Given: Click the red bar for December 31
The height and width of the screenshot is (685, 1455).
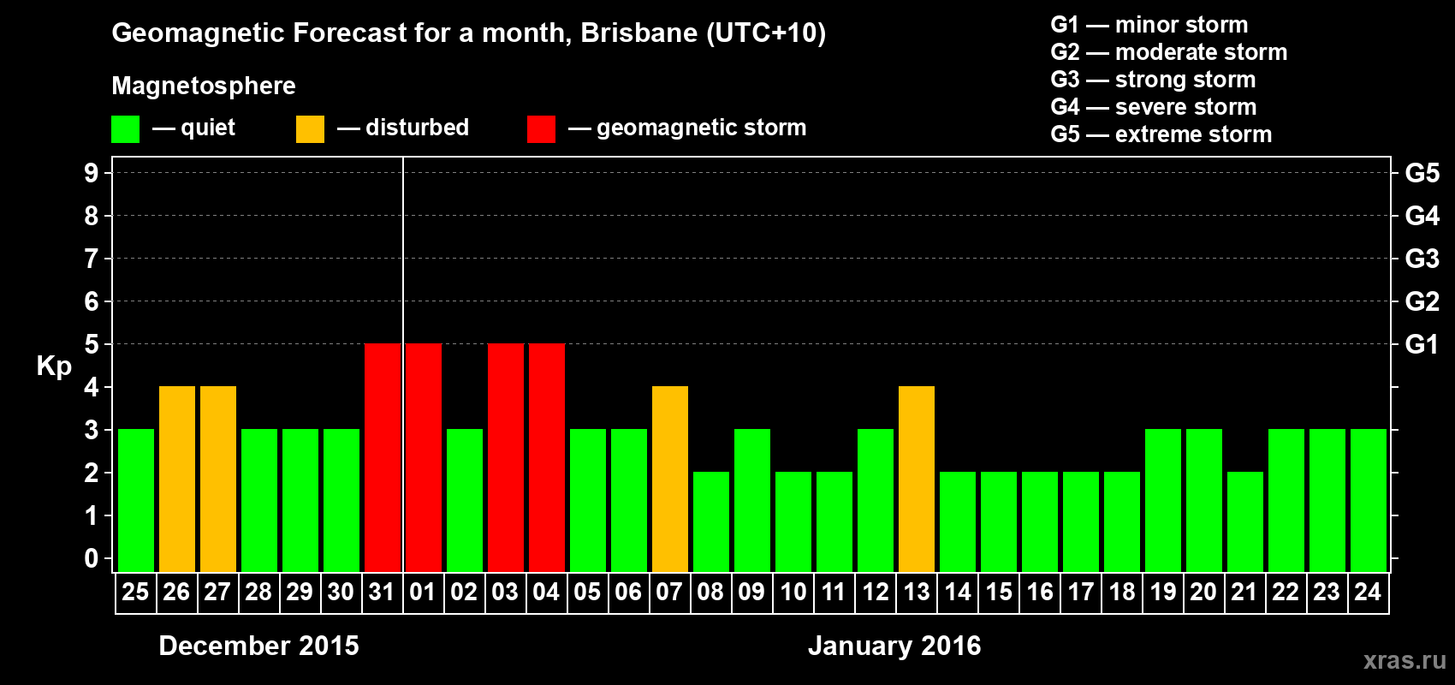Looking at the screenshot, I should pos(383,457).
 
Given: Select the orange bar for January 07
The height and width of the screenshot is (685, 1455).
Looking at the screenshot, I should pos(670,479).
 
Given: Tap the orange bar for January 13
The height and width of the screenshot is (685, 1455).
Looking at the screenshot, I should pos(917,479).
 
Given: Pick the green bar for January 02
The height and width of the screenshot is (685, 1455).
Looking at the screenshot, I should pos(465,500).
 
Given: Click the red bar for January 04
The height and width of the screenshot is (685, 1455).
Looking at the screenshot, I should pos(547,457).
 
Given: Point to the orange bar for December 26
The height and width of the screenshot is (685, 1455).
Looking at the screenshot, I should pos(177,479).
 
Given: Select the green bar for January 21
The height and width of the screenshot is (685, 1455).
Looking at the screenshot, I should pos(1245,521).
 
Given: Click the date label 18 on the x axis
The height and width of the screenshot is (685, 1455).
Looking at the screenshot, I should pos(1122,592).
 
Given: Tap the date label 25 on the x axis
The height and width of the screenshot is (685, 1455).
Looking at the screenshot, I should pos(135,592).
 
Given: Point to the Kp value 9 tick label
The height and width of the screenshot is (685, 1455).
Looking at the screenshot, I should pos(92,173).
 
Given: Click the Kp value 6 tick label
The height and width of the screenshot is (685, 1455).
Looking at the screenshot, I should pos(92,301).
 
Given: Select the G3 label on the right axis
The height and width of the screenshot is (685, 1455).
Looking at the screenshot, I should pos(1422,259).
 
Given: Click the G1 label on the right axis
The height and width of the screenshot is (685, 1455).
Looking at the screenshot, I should pos(1422,344).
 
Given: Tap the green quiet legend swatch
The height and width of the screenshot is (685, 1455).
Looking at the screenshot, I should pos(125,129).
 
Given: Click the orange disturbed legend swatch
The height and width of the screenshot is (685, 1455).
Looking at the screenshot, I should pos(310,129).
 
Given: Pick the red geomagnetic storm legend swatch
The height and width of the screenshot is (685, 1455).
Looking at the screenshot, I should pos(541,129).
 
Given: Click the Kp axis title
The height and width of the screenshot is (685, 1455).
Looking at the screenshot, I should pos(54,366).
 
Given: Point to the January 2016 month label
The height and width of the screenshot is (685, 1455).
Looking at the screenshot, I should pos(894,646).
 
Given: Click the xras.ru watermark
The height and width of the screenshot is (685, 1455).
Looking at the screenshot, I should pos(1405,660).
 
